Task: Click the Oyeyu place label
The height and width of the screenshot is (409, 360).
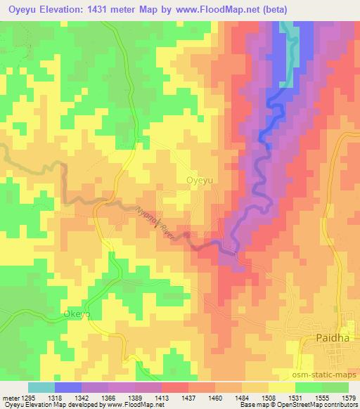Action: coord(199,180)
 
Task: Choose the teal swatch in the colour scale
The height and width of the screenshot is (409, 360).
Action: coord(41,387)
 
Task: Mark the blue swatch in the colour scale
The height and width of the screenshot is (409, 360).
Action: coord(68,387)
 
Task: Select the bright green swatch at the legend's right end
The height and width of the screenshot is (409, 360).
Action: coord(335,387)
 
